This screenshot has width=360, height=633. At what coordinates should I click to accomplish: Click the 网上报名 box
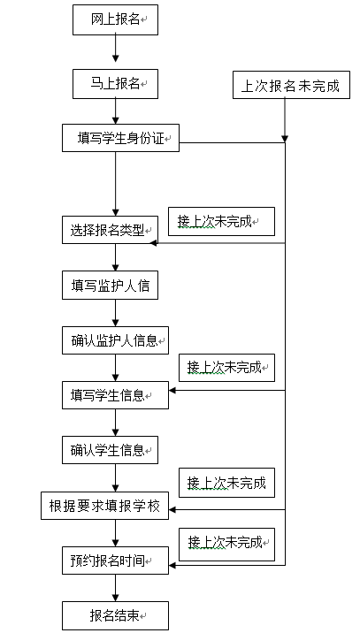[x=115, y=19]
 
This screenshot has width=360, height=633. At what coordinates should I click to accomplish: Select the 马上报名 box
[x=115, y=84]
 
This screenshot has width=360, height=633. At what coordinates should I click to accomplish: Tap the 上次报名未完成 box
[x=291, y=85]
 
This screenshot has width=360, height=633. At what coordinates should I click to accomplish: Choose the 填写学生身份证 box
[x=120, y=138]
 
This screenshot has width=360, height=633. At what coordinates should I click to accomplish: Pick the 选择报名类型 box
[x=110, y=230]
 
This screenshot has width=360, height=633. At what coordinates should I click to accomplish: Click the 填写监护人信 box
[x=110, y=285]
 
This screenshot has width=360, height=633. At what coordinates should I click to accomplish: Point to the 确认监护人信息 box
[x=115, y=340]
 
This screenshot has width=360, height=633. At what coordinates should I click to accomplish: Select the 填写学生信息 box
[x=115, y=395]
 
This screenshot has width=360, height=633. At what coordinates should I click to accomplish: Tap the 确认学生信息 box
[x=110, y=450]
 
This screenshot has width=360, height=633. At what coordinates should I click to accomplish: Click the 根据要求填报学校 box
[x=104, y=506]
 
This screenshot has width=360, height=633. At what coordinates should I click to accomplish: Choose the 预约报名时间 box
[x=115, y=561]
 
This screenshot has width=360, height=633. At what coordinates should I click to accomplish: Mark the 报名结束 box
[x=115, y=615]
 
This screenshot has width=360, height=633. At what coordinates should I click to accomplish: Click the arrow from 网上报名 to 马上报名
[x=116, y=49]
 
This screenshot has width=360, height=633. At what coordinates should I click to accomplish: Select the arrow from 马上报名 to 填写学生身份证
[x=116, y=111]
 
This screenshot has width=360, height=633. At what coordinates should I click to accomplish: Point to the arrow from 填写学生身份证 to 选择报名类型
[x=116, y=184]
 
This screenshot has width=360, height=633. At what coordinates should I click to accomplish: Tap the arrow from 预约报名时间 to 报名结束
[x=116, y=588]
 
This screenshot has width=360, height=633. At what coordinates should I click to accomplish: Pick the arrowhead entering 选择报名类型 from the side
[x=154, y=243]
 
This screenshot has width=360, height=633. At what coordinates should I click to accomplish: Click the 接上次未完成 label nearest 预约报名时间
[x=226, y=545]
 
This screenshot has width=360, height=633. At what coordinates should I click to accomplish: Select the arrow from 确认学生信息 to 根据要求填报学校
[x=116, y=477]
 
